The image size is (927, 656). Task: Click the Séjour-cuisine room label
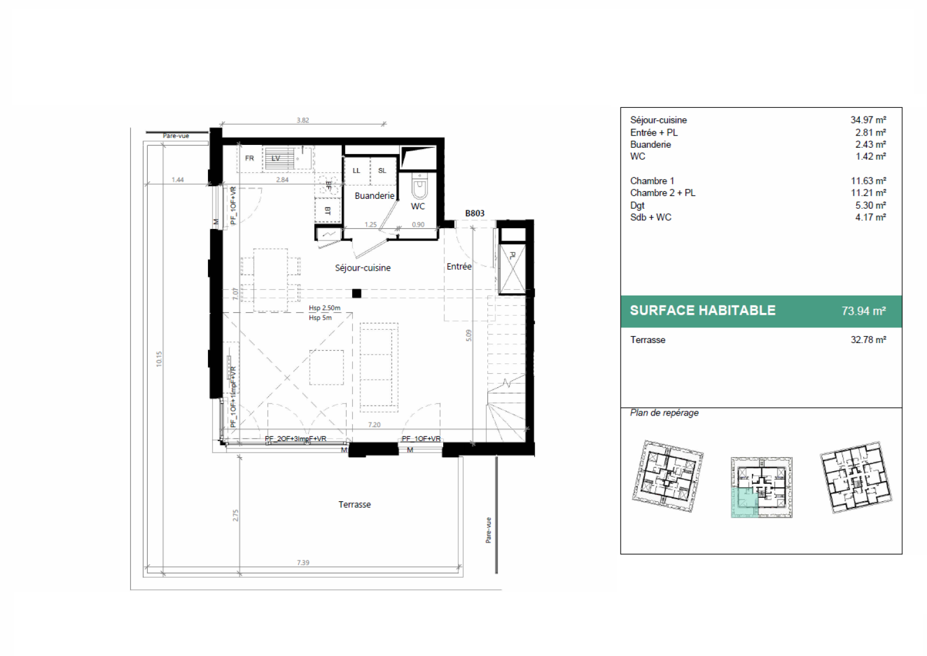(x=363, y=268)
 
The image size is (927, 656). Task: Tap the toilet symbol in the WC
(x=419, y=188)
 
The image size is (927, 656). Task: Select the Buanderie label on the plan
(x=374, y=196)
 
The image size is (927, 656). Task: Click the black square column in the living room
(x=357, y=293)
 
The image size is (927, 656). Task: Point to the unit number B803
(x=475, y=213)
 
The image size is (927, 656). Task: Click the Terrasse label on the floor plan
(x=355, y=505)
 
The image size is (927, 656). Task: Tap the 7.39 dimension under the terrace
(x=303, y=563)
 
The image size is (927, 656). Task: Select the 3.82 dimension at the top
(x=302, y=120)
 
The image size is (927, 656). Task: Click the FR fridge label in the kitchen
(x=249, y=158)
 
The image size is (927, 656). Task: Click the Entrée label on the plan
(x=459, y=267)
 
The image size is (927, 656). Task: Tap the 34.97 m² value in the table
(x=868, y=120)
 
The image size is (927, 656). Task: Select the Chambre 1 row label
(x=652, y=181)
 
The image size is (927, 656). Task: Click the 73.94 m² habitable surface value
(x=863, y=311)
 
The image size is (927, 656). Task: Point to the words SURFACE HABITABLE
(x=702, y=311)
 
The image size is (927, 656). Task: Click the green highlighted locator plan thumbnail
(x=761, y=487)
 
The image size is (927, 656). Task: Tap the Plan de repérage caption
(x=664, y=413)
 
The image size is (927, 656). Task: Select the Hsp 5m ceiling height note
(x=320, y=318)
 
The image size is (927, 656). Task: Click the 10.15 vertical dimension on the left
(x=159, y=359)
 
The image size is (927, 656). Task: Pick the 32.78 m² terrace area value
(x=868, y=340)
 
